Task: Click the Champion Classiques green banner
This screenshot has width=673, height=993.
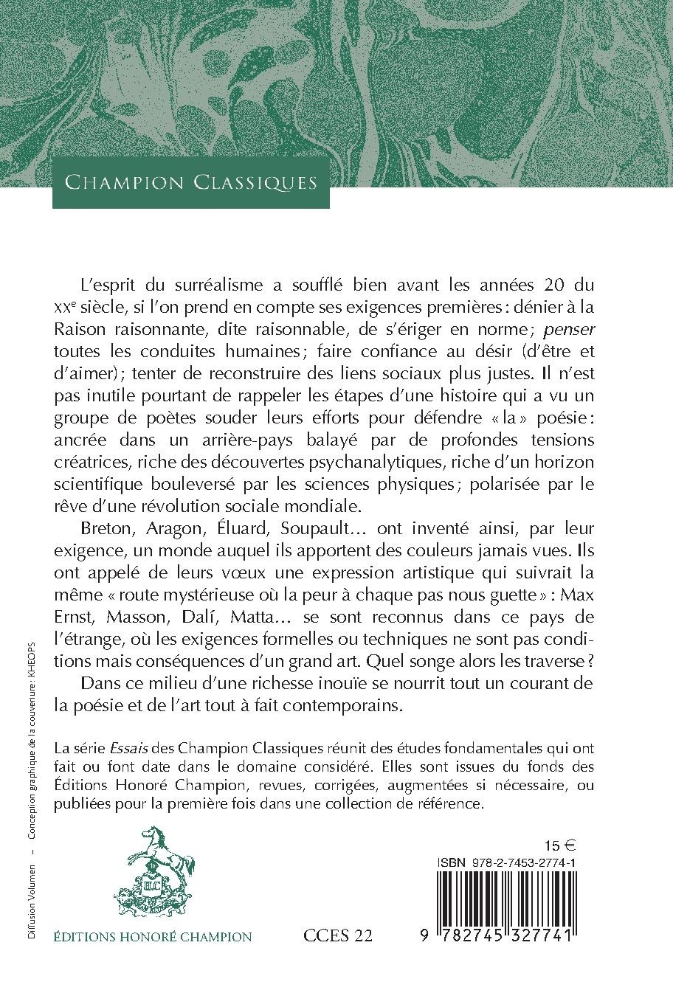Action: click(190, 182)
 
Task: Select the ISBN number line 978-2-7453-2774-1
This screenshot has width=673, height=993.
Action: click(506, 862)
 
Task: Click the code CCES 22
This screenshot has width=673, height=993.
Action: click(338, 937)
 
